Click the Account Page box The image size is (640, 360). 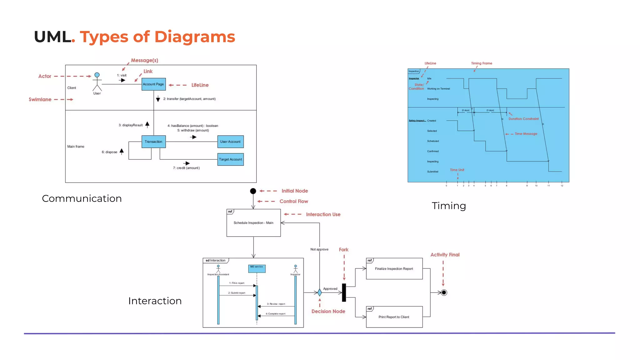click(153, 84)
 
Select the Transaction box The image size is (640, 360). click(153, 142)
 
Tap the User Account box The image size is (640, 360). click(230, 142)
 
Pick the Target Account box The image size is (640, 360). click(230, 159)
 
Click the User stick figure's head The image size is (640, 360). click(97, 75)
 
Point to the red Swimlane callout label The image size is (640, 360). click(40, 99)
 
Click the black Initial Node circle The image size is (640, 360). click(253, 191)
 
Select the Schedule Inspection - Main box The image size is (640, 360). click(253, 223)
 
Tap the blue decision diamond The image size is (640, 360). click(319, 292)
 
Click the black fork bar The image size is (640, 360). click(344, 292)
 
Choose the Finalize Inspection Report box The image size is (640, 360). click(394, 269)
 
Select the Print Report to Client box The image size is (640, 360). click(394, 317)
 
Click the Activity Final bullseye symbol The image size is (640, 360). click(444, 292)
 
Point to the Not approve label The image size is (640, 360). click(319, 249)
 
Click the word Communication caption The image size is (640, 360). click(82, 198)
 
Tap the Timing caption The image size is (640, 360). click(449, 206)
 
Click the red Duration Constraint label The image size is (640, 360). click(523, 119)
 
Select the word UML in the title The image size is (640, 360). click(52, 37)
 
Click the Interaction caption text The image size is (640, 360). click(155, 301)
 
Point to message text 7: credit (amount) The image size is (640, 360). click(186, 168)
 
